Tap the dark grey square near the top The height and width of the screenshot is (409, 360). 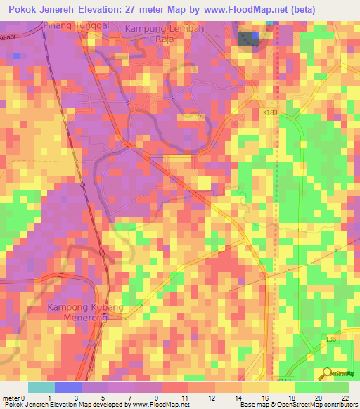pyautogui.click(x=247, y=39)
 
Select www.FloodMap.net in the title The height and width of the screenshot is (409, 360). pyautogui.click(x=281, y=9)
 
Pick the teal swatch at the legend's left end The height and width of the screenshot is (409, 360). pyautogui.click(x=41, y=387)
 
